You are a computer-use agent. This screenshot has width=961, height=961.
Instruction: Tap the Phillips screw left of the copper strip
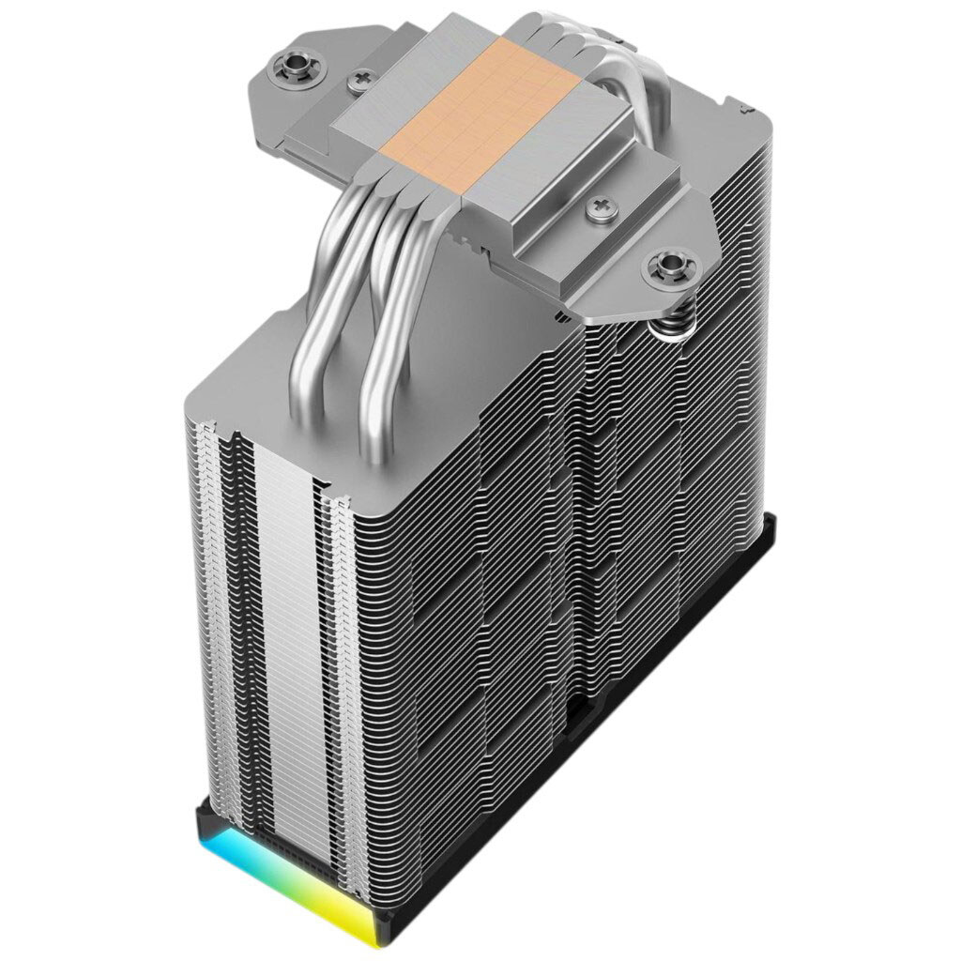[x=359, y=84]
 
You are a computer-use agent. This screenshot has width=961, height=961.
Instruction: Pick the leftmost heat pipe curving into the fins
[x=324, y=282]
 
